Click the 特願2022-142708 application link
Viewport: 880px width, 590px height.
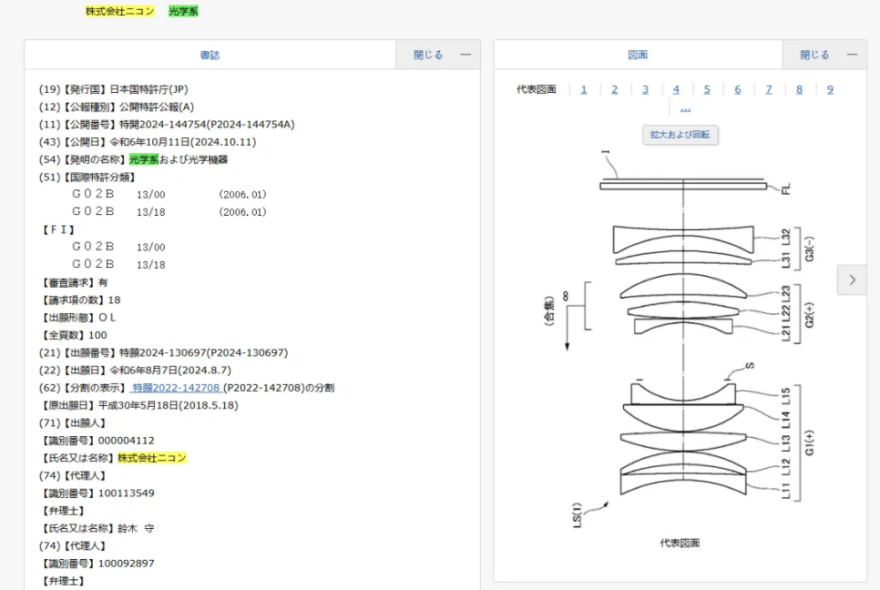click(175, 387)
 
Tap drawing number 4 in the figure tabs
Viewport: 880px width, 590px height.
click(675, 89)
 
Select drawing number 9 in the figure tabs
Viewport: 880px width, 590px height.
click(830, 89)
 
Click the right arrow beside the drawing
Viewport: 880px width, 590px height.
click(852, 280)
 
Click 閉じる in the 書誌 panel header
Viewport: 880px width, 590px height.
click(428, 55)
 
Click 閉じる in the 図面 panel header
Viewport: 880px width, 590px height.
click(814, 55)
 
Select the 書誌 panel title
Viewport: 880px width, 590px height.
click(210, 55)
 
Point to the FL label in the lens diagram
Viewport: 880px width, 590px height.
click(786, 189)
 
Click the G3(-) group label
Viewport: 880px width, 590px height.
click(809, 249)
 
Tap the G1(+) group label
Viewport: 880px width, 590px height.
click(809, 443)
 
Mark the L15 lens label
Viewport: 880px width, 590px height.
click(786, 396)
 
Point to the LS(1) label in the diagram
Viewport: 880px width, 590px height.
click(577, 515)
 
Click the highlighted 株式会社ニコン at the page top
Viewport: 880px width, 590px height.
click(120, 11)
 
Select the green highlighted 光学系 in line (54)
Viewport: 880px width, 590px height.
click(143, 159)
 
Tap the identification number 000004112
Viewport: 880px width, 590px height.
click(126, 441)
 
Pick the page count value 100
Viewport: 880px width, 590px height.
click(97, 335)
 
